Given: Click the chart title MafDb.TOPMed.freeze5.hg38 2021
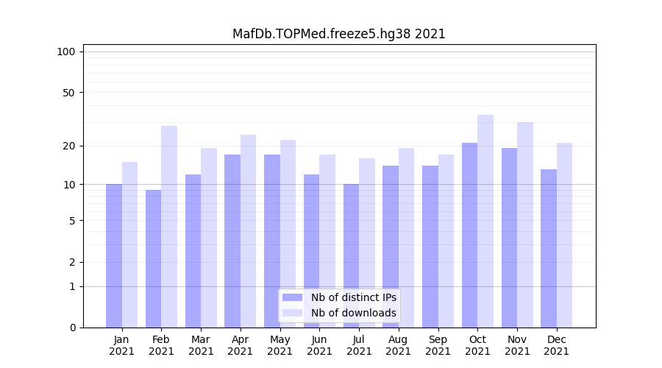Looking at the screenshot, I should click(x=338, y=34).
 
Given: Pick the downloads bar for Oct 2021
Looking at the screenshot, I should click(x=485, y=221).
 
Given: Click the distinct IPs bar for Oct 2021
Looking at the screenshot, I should click(x=469, y=235).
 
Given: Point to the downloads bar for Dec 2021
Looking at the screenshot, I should click(x=564, y=235).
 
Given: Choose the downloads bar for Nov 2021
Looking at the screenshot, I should click(x=524, y=224).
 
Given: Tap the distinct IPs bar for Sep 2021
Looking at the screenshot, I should click(x=430, y=247).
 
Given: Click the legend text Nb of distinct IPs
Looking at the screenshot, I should click(x=353, y=297).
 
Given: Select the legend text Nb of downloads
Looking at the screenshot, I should click(x=353, y=313).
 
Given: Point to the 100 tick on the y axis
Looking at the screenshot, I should click(x=66, y=52).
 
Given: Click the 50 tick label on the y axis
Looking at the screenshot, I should click(x=69, y=93).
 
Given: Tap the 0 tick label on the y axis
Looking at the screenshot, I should click(x=72, y=328).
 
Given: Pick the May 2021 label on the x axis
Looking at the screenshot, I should click(x=280, y=345).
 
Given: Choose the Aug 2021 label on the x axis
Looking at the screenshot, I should click(x=399, y=345).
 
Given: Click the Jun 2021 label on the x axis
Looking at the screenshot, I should click(x=319, y=345).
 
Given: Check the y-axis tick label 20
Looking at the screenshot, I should click(x=69, y=146).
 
